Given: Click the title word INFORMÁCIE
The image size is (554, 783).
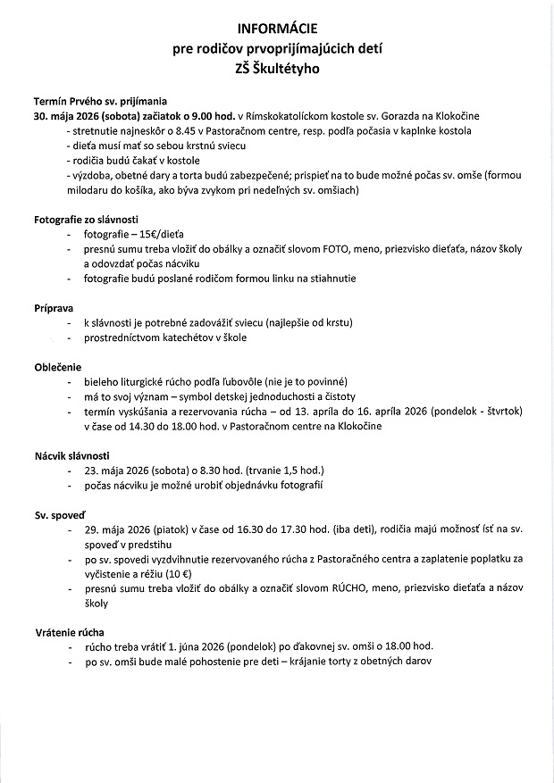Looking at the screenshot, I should pos(277,29).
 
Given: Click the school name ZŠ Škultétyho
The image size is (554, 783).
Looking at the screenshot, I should pos(277,67).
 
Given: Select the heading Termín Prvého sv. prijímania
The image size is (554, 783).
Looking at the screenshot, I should pos(100,103).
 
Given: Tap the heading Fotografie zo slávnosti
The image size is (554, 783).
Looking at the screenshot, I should pos(86,220).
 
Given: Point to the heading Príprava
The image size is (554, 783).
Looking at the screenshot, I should pos(53,306).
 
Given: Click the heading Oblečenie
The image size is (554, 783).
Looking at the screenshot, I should pos(57,366).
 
